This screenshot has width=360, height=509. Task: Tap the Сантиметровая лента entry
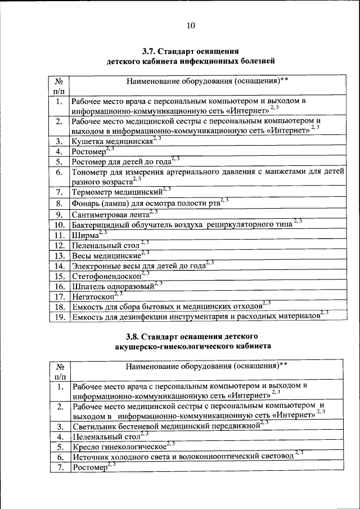(111, 214)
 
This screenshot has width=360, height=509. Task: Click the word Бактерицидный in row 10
(103, 224)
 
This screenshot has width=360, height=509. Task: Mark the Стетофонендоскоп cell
(107, 276)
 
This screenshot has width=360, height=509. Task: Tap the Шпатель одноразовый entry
(113, 286)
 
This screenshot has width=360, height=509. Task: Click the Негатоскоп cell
(93, 296)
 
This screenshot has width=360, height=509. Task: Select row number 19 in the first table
(58, 317)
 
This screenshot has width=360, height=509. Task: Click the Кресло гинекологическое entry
(120, 447)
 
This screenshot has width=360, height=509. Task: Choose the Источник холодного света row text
(183, 457)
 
